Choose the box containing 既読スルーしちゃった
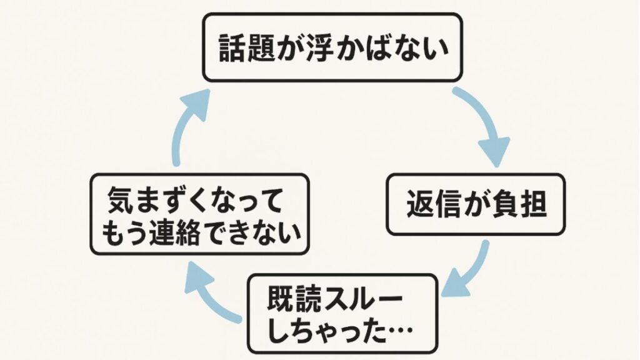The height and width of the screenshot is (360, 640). click(343, 314)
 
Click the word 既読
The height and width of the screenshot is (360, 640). click(293, 298)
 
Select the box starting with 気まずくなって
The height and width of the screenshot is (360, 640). click(200, 214)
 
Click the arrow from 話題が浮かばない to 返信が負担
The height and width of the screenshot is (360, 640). click(487, 125)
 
